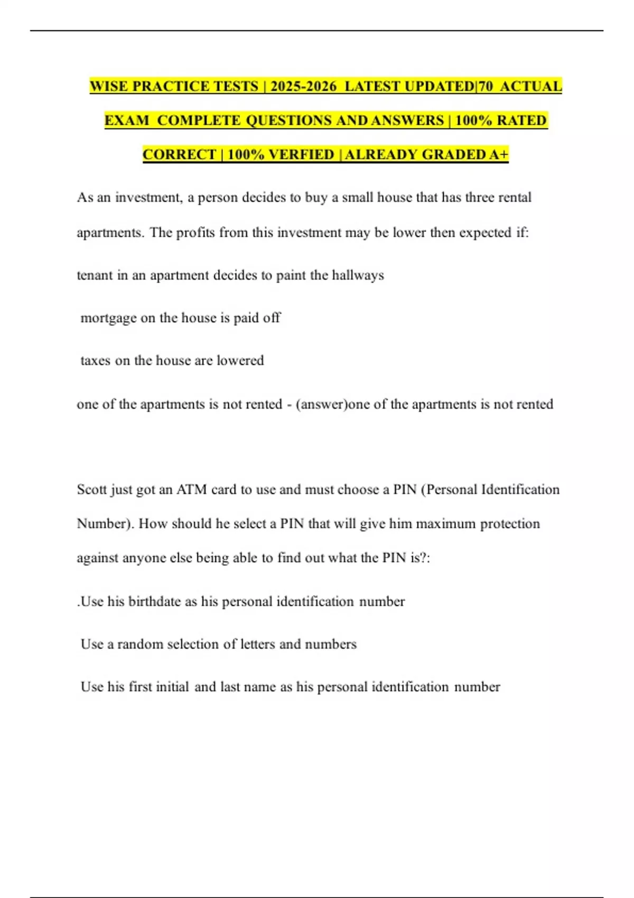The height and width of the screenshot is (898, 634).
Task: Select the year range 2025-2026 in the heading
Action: pos(303,86)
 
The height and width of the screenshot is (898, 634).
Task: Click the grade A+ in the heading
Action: pos(499,154)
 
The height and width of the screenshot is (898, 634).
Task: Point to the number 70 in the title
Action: pos(485,86)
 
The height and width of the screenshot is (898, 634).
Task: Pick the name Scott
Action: pos(91,490)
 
